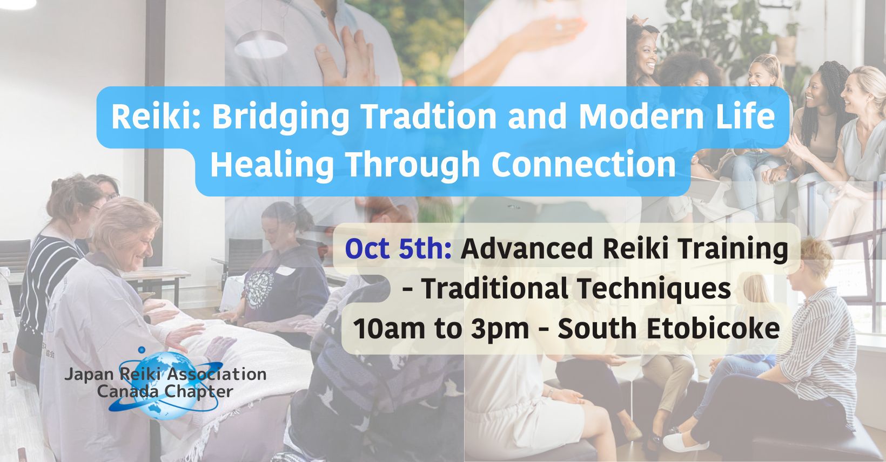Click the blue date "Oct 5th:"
click(399, 249)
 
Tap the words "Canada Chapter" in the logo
click(165, 392)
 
